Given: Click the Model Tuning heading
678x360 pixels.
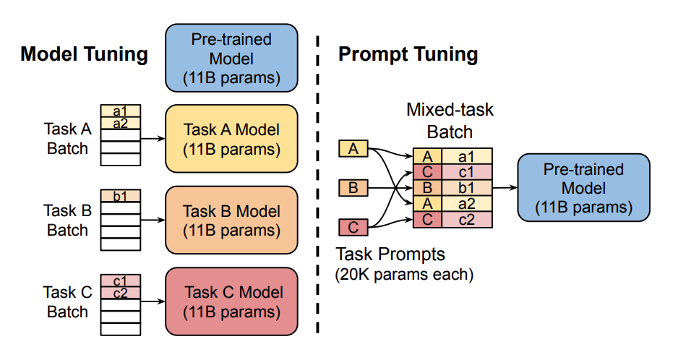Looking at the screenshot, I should pos(84,54).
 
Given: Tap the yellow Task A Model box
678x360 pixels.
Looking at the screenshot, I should pos(231,139).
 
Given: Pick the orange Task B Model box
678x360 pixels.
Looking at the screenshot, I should pos(231,220).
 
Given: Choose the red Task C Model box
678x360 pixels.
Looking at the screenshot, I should pos(231,302).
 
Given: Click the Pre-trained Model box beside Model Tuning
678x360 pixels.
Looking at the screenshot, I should pos(231,58).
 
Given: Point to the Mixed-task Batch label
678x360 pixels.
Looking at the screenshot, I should pos(450,121).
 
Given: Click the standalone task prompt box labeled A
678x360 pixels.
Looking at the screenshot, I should pos(353,149).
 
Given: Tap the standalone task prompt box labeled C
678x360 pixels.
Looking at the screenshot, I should pos(353,228).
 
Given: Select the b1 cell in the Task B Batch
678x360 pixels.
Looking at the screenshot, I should pos(121,195).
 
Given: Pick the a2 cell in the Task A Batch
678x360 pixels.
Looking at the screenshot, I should pos(121,124).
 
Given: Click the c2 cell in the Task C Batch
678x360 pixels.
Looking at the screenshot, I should pos(121,293).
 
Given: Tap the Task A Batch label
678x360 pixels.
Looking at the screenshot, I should pos(67,139).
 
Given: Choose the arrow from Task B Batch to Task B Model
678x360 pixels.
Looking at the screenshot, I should pos(153,220).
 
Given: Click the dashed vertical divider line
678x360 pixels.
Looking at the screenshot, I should pos(318,181).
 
